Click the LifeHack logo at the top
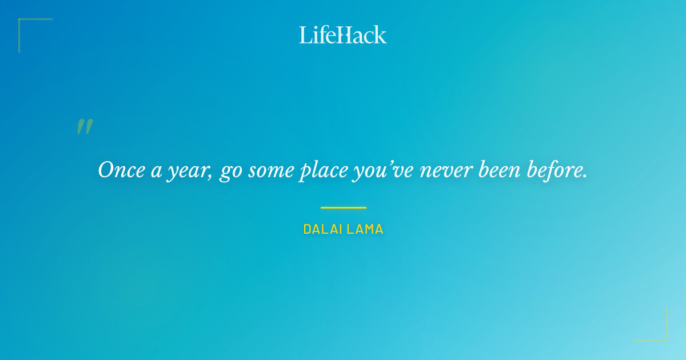pos(343,35)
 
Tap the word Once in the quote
pos(119,170)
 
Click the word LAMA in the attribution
pos(366,230)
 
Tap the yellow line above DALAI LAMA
pos(343,207)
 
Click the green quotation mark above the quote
pos(85,127)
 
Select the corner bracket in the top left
pos(23,23)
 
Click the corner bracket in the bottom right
pos(663,337)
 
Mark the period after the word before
pos(585,175)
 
